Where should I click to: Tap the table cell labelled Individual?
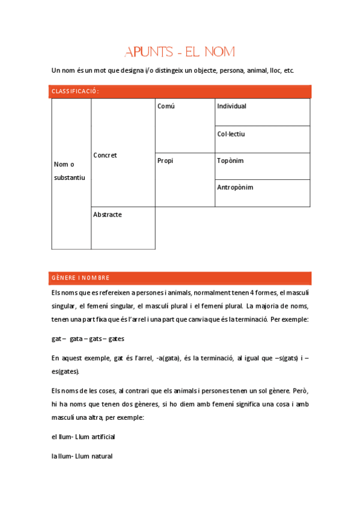point(232,106)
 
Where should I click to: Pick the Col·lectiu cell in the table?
point(231,134)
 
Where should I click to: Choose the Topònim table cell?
point(230,161)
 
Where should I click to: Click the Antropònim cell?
point(235,188)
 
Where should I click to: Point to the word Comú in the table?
point(166,106)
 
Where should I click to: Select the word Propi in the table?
point(165,161)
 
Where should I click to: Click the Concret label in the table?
point(105,155)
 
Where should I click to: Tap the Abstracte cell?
point(108,215)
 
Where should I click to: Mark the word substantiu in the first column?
point(70,177)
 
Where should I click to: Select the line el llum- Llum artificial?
point(83,436)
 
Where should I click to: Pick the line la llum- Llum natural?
point(82,456)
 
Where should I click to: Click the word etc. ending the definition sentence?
point(288,71)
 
